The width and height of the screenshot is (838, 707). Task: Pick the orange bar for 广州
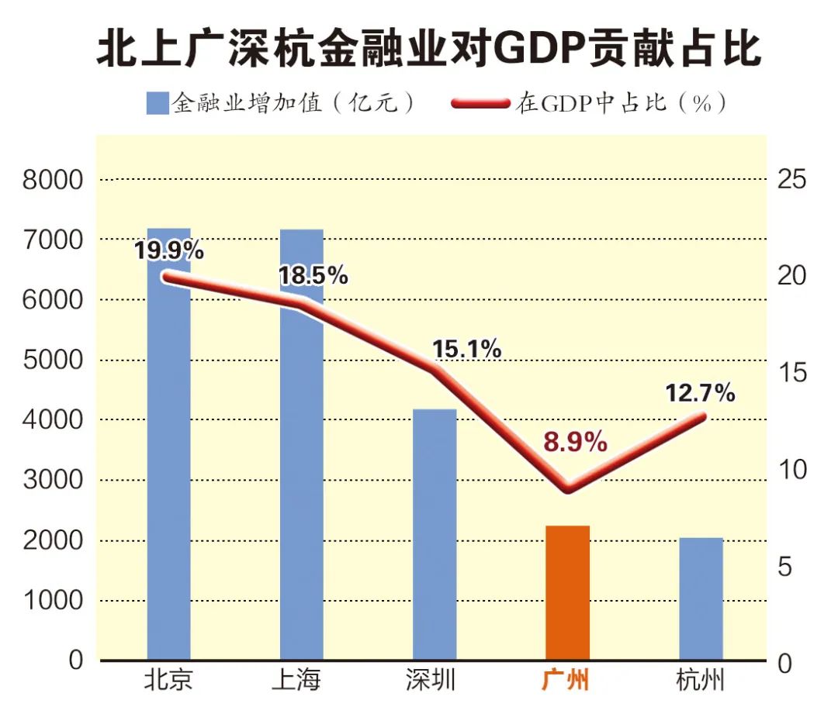pos(567,593)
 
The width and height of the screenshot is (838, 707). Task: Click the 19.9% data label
pos(168,250)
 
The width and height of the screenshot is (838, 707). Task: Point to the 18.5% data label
pos(313,275)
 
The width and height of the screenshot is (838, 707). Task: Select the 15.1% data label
pos(466,349)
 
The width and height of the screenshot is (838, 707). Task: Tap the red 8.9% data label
pos(574,443)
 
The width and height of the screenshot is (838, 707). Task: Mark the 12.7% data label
pos(700,393)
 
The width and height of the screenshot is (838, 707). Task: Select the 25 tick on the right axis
pos(791,180)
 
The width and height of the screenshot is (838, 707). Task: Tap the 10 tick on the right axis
pos(791,470)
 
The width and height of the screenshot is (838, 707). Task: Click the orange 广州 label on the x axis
pos(565,681)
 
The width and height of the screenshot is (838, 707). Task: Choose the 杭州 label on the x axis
pos(701,681)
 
